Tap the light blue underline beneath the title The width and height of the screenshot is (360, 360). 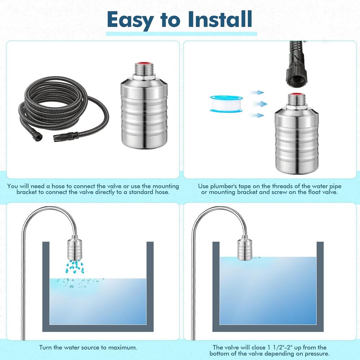point(181,34)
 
